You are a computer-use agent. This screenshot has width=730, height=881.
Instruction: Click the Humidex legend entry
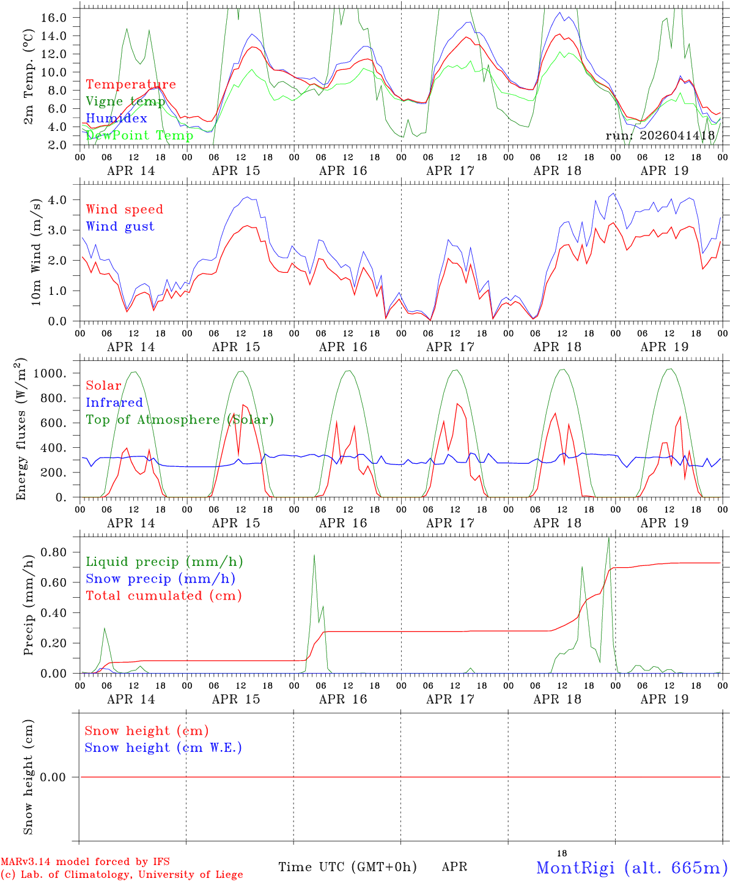coord(116,118)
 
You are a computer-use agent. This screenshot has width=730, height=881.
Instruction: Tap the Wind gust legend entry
coord(120,226)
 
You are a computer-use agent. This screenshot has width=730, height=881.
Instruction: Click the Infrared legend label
coord(114,403)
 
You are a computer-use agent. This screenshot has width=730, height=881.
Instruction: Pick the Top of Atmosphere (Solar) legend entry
coord(179,420)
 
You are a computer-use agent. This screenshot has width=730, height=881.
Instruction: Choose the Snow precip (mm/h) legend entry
coord(160,579)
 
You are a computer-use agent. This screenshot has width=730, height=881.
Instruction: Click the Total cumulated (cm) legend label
coord(163,596)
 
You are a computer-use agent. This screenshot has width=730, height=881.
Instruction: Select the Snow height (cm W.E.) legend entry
coord(163,748)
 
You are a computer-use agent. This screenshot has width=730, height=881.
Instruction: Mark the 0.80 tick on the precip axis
coord(56,552)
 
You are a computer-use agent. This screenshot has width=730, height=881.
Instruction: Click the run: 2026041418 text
coord(660,135)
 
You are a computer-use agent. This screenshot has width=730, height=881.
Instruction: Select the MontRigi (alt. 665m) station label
coord(632,868)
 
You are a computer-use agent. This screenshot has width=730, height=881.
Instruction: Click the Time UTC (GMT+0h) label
coord(347,867)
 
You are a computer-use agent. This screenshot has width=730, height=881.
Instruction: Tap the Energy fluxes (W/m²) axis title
coord(22,429)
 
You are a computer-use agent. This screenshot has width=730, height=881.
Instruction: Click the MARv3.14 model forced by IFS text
coord(85,861)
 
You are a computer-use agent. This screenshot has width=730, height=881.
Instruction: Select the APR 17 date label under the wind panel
coord(450,347)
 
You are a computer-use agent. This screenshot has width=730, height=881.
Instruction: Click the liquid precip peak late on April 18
coord(608,538)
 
